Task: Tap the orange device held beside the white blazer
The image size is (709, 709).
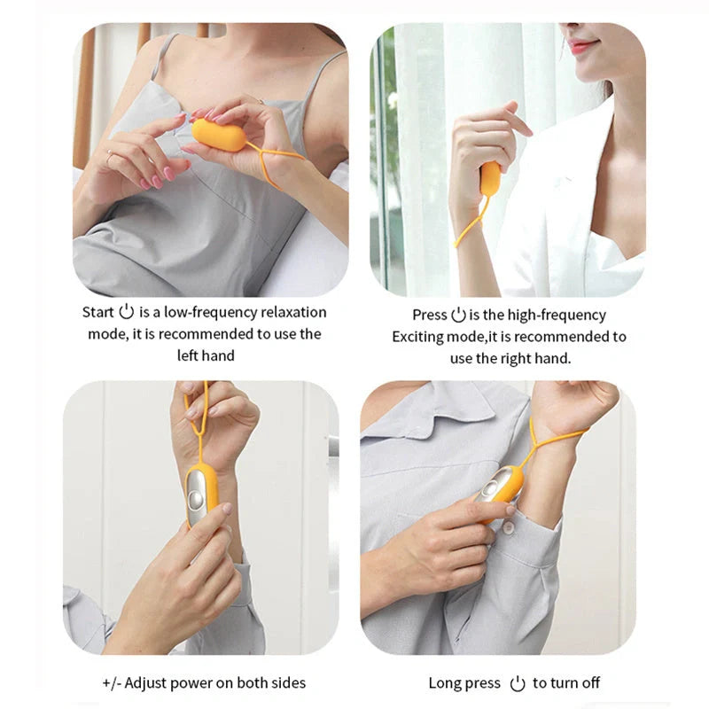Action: [489, 179]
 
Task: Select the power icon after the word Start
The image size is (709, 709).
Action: [126, 311]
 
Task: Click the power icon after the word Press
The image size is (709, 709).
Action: [458, 315]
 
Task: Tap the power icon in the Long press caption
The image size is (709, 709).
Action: [518, 682]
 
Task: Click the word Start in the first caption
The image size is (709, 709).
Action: [98, 312]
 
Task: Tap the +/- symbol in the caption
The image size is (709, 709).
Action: [112, 682]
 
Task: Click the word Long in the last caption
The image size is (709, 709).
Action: [445, 682]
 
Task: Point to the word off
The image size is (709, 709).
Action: [588, 682]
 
